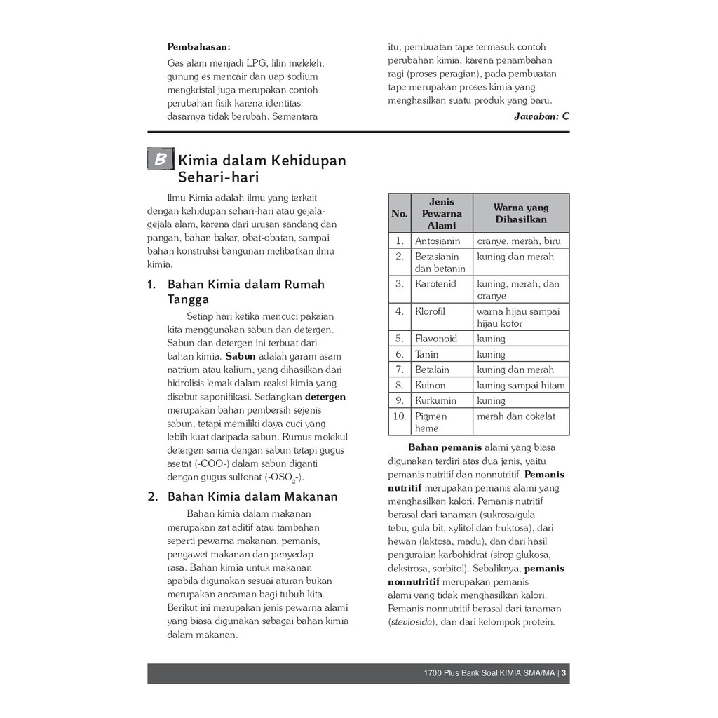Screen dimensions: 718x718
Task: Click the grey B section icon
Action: [161, 160]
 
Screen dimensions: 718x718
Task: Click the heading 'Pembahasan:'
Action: [198, 47]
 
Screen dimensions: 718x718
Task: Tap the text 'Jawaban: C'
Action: [541, 116]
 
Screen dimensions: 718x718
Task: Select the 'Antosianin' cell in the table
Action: [438, 241]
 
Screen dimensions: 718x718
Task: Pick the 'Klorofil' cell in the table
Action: [430, 311]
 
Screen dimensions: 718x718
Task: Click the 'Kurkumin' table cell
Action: [435, 400]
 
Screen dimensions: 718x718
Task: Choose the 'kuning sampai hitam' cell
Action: [520, 385]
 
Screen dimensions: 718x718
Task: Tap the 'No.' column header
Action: [400, 213]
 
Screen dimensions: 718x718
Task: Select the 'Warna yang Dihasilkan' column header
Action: [520, 213]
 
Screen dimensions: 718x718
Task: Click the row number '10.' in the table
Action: [400, 416]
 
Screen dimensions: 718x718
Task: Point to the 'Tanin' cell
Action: [427, 354]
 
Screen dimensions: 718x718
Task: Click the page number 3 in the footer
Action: [564, 674]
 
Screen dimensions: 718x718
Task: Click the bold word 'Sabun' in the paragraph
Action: [240, 356]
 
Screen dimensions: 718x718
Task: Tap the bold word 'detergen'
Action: [326, 397]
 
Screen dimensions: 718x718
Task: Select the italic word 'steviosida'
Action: [412, 622]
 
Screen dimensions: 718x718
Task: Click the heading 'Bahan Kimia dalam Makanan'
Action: [252, 496]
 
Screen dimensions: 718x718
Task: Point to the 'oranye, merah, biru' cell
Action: [519, 241]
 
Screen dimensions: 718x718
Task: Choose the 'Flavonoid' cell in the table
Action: [435, 339]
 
